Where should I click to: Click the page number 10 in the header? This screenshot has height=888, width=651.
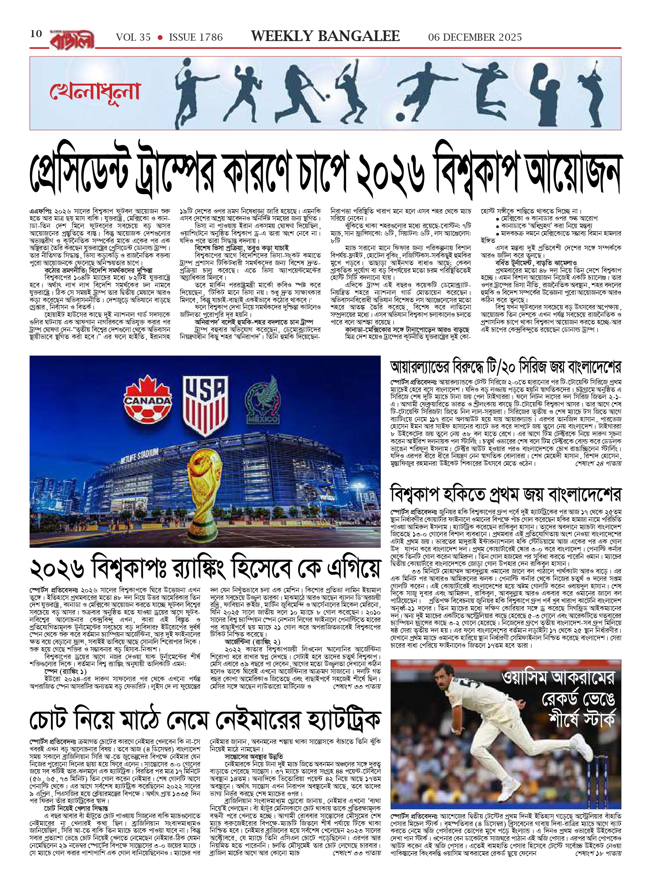coord(36,34)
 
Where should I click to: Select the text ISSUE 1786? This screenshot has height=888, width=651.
coord(196,37)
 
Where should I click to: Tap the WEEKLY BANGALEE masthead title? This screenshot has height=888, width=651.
coord(325,36)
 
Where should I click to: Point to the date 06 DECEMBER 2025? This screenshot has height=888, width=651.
coord(475,37)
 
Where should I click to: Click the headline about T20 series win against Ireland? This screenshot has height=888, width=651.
coord(505,367)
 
